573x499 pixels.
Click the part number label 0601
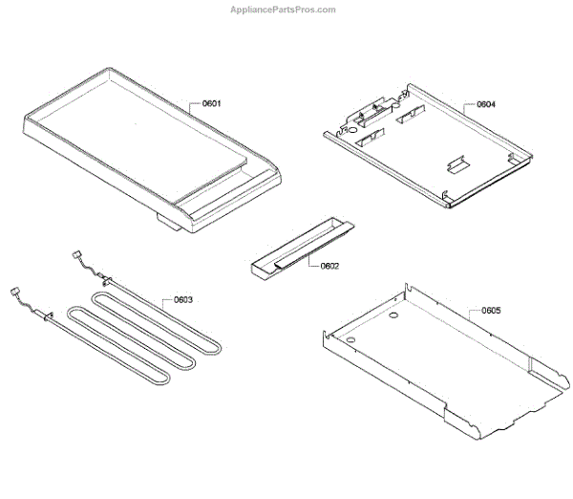(211, 103)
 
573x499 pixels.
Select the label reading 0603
(182, 299)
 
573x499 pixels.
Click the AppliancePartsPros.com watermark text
(284, 10)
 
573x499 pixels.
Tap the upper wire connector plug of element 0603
(78, 254)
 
